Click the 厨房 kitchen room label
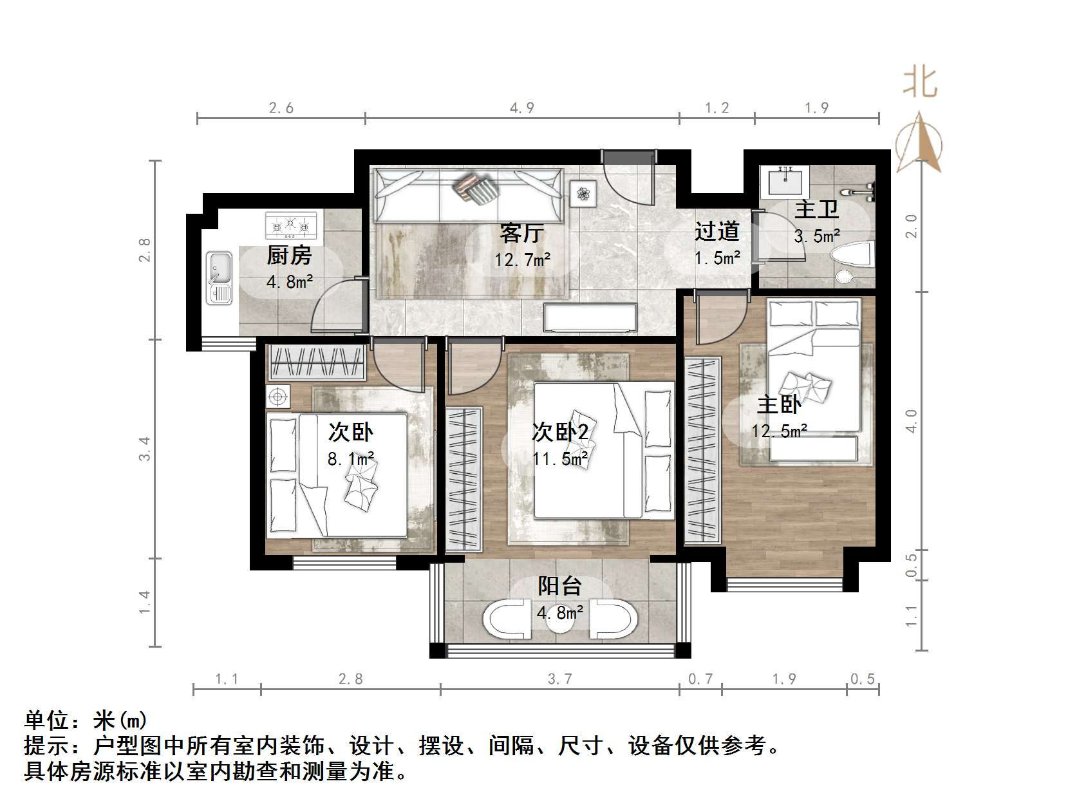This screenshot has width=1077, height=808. click(289, 256)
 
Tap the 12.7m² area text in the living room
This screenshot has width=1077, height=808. click(522, 259)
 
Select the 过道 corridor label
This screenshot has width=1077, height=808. click(716, 231)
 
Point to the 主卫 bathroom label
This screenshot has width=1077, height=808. click(816, 210)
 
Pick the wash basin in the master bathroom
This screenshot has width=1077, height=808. click(784, 181)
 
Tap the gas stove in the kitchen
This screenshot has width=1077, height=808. click(291, 225)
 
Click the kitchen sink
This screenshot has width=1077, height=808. click(219, 277)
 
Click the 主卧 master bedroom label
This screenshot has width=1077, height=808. click(779, 404)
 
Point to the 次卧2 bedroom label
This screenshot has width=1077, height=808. click(560, 432)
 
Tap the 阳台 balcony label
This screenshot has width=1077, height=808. click(560, 586)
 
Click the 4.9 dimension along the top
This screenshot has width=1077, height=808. click(522, 108)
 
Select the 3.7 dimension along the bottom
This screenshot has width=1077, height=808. click(559, 679)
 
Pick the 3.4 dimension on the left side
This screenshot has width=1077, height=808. click(144, 448)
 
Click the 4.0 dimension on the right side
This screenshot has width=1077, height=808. click(911, 421)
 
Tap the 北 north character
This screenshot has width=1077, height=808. click(919, 83)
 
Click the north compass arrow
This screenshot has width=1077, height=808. click(921, 142)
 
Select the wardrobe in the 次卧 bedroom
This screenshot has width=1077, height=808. click(317, 363)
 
